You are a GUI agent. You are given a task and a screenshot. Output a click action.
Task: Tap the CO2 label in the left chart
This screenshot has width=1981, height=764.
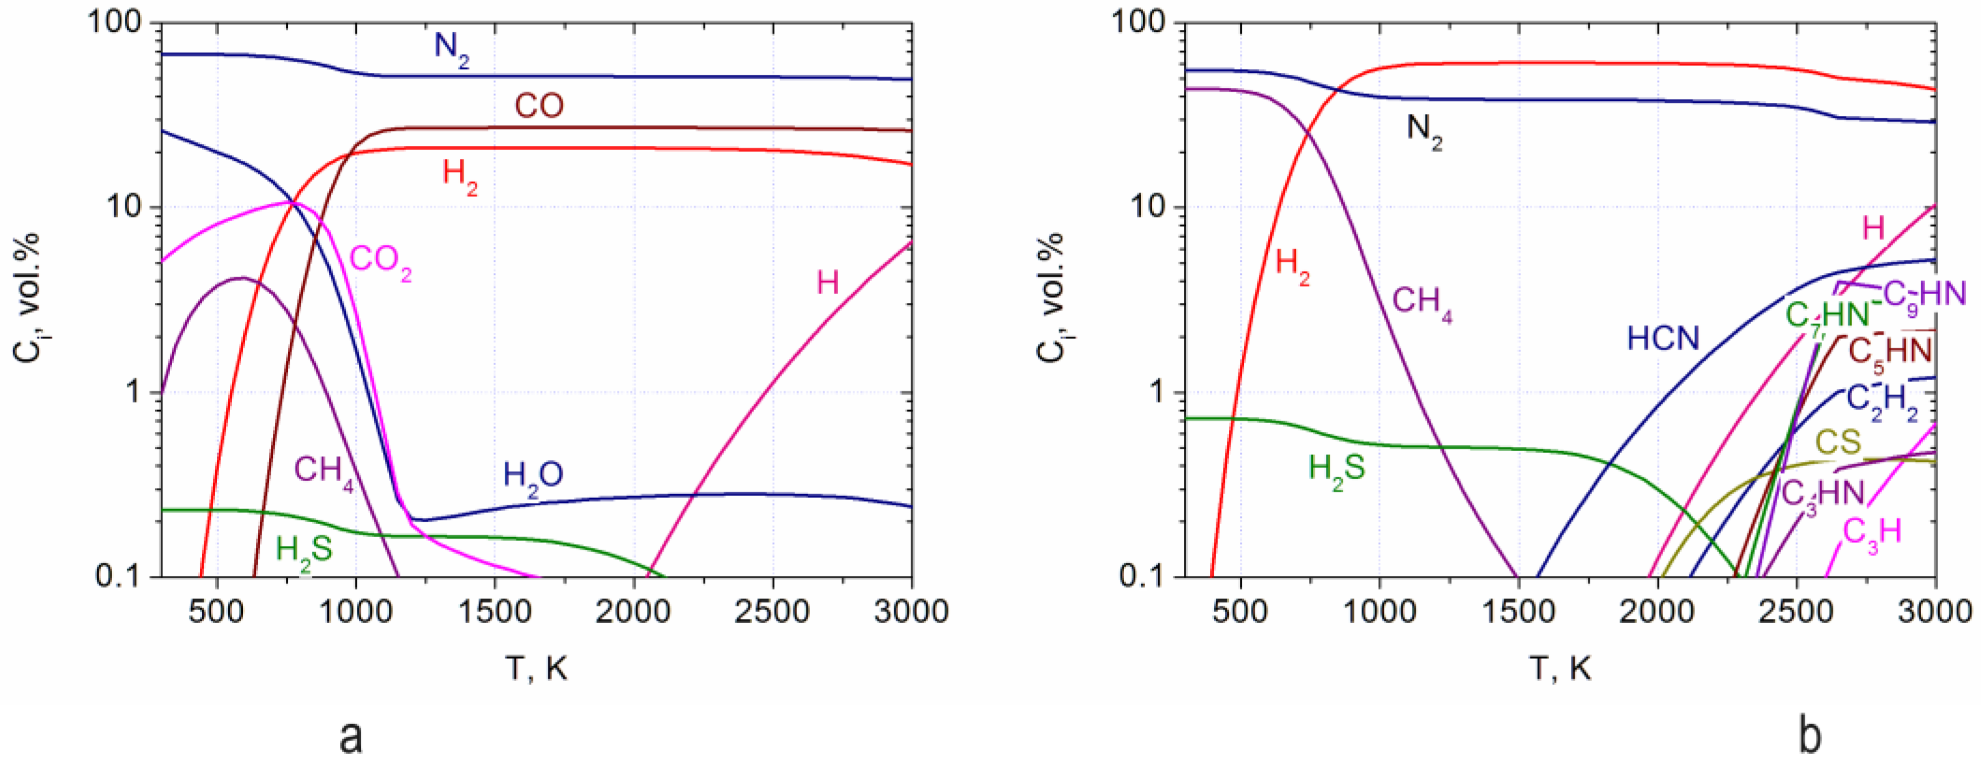(x=381, y=261)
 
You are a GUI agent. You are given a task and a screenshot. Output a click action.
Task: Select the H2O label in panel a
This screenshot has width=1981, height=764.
(x=532, y=476)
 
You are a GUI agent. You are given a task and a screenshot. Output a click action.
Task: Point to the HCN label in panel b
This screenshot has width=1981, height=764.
(x=1663, y=338)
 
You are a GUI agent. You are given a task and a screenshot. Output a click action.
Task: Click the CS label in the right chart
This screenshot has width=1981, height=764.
(x=1838, y=442)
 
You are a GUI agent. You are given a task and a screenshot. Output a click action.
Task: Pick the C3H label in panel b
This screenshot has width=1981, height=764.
(x=1872, y=532)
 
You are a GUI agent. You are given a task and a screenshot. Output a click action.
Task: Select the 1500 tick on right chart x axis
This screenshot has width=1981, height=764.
(x=1517, y=613)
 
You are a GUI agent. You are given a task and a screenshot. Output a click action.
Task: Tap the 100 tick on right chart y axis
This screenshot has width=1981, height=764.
(x=1137, y=23)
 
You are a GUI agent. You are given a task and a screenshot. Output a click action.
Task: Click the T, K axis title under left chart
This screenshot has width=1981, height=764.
(x=536, y=669)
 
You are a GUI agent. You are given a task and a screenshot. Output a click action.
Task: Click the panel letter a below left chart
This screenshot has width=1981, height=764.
(x=351, y=737)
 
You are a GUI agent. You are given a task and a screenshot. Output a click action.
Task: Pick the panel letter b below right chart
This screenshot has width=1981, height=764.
(x=1810, y=737)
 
